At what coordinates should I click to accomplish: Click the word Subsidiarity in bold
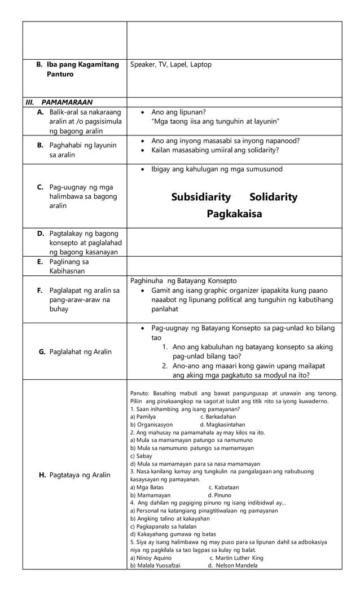(201, 197)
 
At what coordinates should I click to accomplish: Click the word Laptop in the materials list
(201, 65)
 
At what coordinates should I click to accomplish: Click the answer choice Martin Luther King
(236, 557)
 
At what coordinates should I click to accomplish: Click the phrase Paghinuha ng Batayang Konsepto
(183, 280)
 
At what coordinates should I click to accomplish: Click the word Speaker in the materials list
(143, 65)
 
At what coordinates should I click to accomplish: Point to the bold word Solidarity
(273, 197)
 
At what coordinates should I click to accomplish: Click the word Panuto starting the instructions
(139, 393)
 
